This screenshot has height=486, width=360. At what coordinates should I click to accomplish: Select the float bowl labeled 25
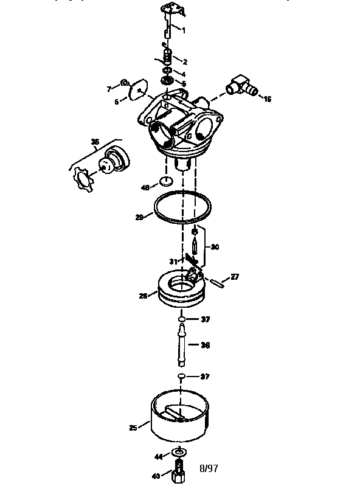click(x=179, y=419)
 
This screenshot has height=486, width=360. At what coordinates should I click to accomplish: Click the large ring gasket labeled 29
click(x=182, y=207)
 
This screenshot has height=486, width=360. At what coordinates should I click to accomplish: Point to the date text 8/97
click(x=208, y=468)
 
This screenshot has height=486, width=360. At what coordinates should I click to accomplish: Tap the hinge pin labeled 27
click(x=218, y=280)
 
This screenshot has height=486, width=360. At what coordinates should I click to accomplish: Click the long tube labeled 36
click(x=181, y=345)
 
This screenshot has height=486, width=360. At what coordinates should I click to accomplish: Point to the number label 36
click(x=205, y=345)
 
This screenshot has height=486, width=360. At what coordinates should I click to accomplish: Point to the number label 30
click(x=214, y=247)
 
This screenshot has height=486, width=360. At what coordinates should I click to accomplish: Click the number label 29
click(x=139, y=217)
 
